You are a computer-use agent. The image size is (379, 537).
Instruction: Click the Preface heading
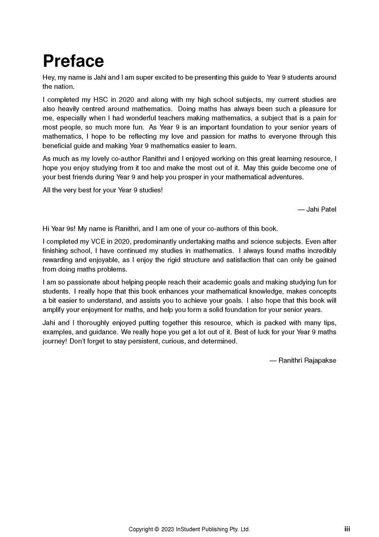[x=73, y=61]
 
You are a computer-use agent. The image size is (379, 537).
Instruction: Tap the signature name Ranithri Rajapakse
[x=307, y=360]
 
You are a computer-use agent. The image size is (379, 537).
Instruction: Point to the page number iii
[x=347, y=529]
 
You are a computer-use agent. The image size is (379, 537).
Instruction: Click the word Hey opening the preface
[x=49, y=78]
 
